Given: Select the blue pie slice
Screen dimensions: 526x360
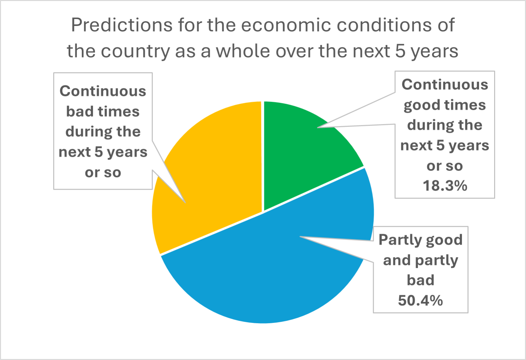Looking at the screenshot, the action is point(270,270).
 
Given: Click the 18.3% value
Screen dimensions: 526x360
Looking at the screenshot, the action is point(445,186).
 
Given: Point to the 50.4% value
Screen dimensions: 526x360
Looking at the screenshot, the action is point(420,300).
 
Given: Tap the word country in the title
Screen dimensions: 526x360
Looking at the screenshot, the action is point(135,52).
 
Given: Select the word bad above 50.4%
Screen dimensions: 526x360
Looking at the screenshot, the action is point(420,280).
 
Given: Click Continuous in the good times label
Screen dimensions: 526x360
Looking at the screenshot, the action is point(445,84).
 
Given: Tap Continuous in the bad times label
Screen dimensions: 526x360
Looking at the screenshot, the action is point(103,91).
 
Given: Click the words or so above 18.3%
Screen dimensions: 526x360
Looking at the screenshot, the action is point(445,166).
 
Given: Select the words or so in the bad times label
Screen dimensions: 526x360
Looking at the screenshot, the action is point(103,173).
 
